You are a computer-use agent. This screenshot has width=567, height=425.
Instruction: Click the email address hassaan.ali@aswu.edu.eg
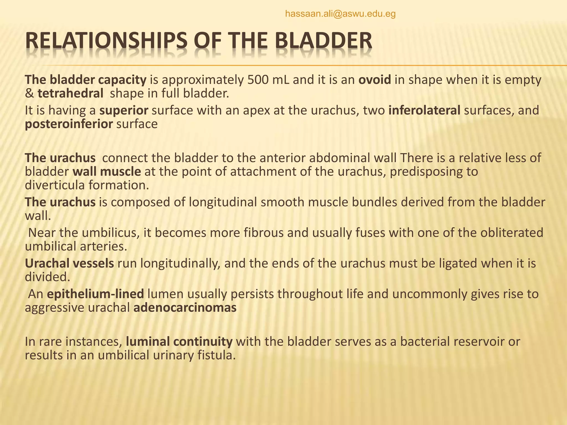point(340,14)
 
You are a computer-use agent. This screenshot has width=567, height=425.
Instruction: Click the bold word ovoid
point(375,80)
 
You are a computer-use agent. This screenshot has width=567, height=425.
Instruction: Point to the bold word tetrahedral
point(70,94)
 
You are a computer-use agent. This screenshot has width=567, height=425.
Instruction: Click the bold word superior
point(124,110)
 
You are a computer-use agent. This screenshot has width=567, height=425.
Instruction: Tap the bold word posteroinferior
point(69,124)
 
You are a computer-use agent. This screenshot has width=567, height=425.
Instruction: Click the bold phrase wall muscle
point(107,172)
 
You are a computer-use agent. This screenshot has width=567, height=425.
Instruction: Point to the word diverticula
point(55,185)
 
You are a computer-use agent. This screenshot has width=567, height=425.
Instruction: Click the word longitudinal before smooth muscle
point(223,202)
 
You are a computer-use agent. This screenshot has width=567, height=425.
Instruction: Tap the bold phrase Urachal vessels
point(69,263)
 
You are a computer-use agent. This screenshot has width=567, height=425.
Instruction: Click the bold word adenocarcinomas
point(185,308)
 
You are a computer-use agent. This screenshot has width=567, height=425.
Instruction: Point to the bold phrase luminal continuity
point(179,342)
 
